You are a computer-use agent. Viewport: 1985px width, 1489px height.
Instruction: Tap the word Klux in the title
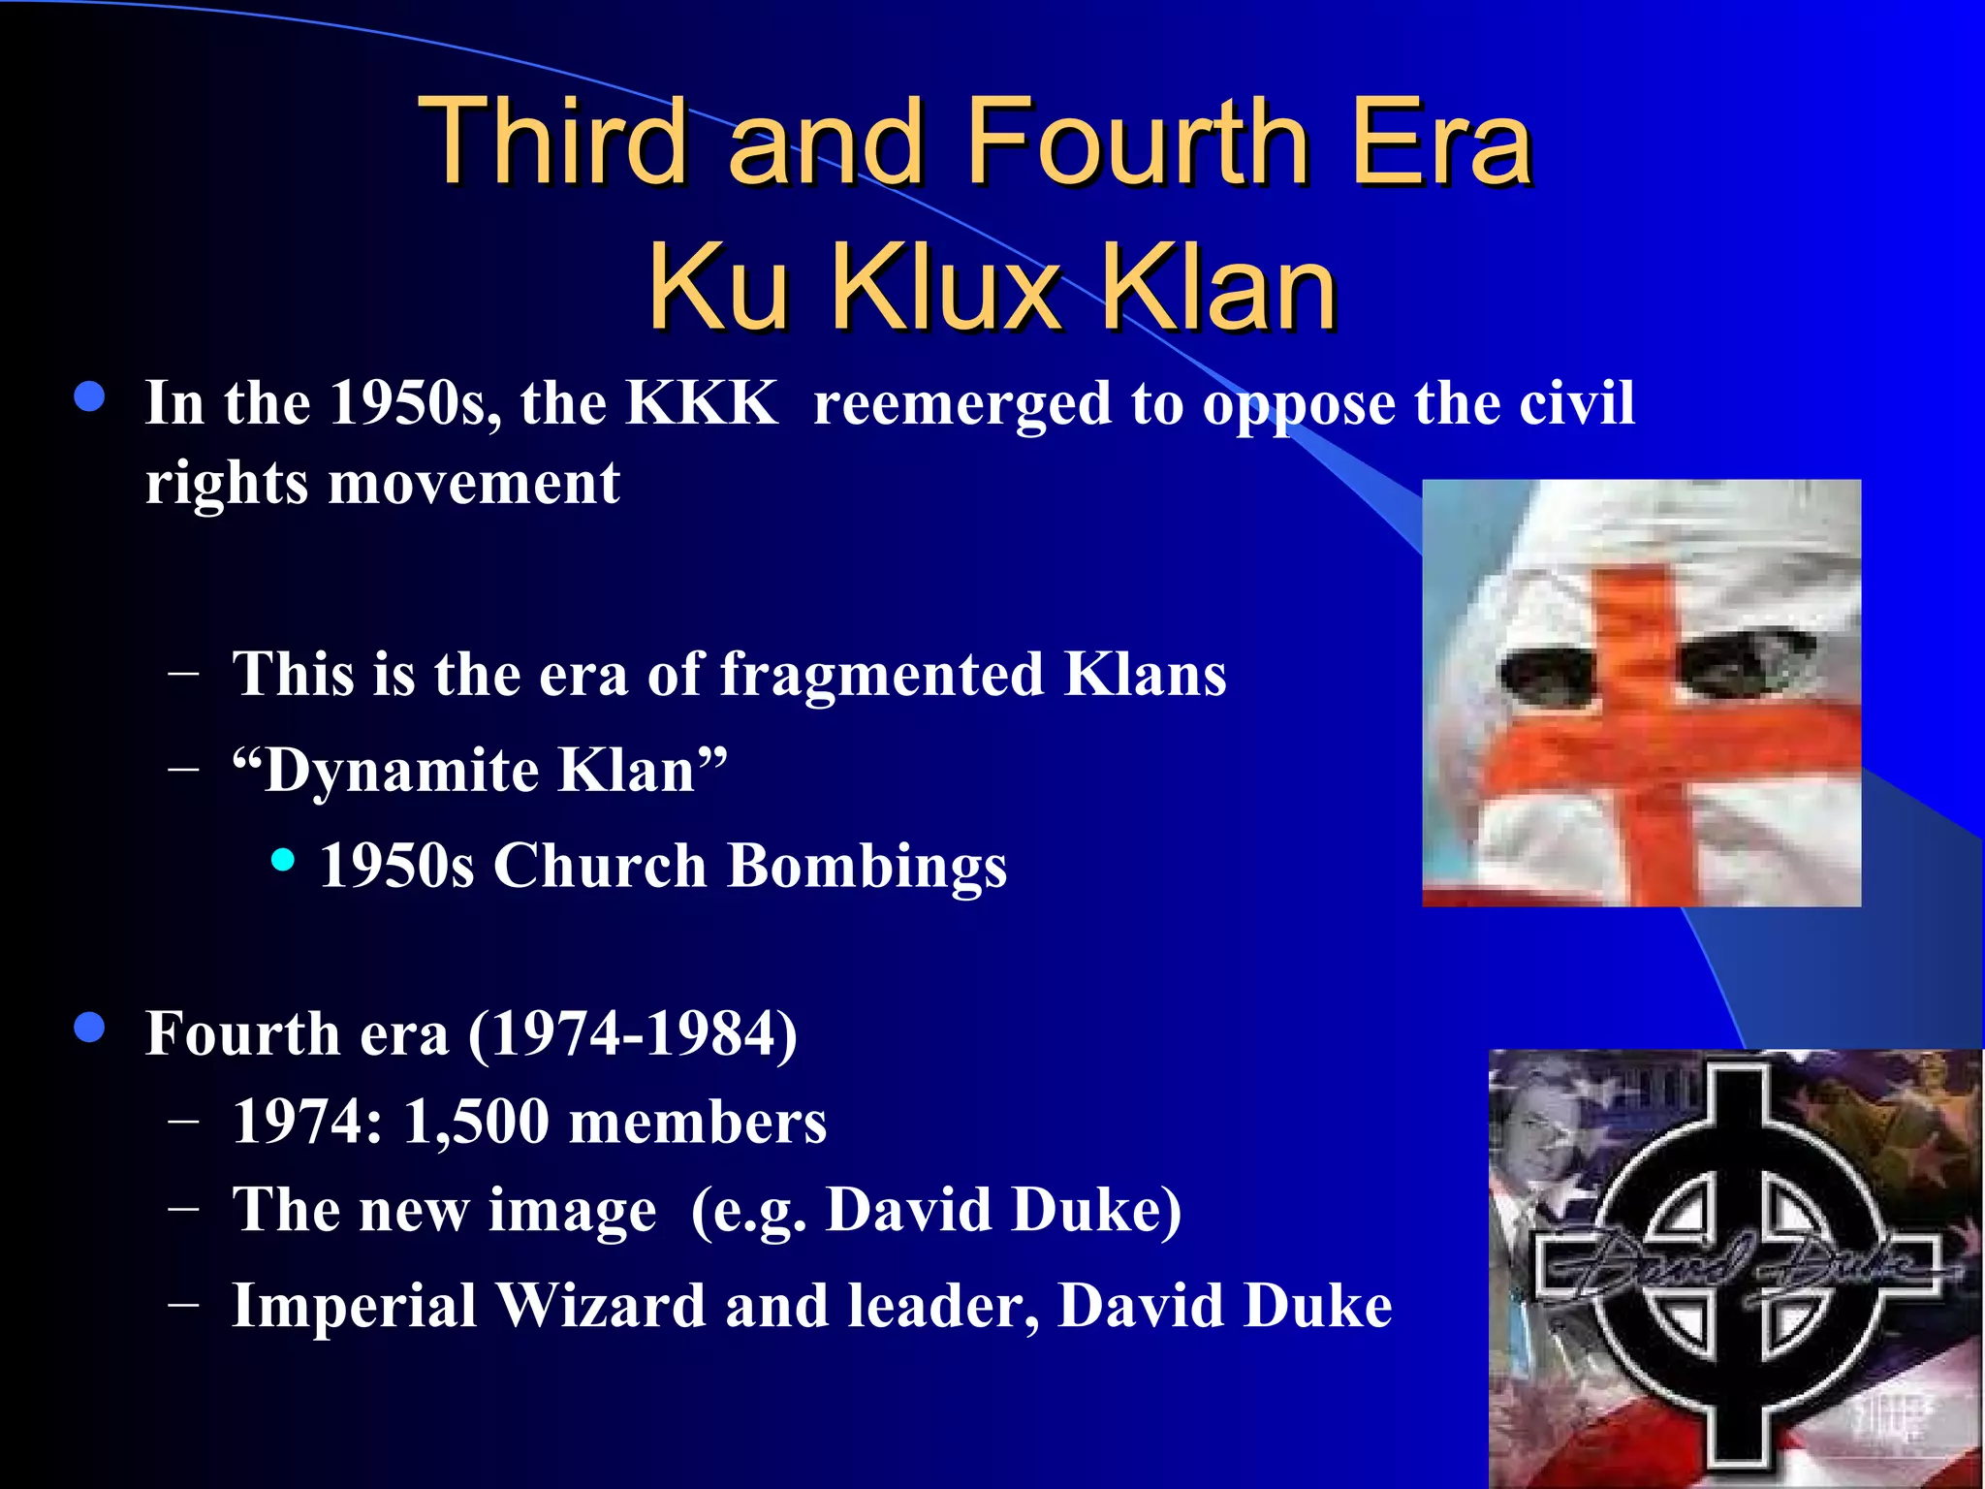tap(946, 287)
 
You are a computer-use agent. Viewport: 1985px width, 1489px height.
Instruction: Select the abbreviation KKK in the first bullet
tap(701, 402)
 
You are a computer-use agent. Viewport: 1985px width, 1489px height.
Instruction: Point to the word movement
tap(474, 482)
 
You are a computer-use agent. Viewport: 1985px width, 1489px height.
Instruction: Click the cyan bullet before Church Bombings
tap(283, 860)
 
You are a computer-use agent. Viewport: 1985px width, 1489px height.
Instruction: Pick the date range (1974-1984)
tap(633, 1033)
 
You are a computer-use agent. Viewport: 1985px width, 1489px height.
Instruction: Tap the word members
tap(698, 1122)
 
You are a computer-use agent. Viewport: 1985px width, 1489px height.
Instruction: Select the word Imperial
tap(354, 1305)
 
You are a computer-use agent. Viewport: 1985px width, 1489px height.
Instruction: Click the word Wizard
tap(601, 1305)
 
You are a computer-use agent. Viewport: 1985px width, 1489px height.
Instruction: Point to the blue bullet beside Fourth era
tap(89, 1028)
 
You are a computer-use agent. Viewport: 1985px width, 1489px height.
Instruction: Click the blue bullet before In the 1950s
tap(89, 396)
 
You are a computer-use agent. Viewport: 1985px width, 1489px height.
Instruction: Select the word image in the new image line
tap(572, 1211)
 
